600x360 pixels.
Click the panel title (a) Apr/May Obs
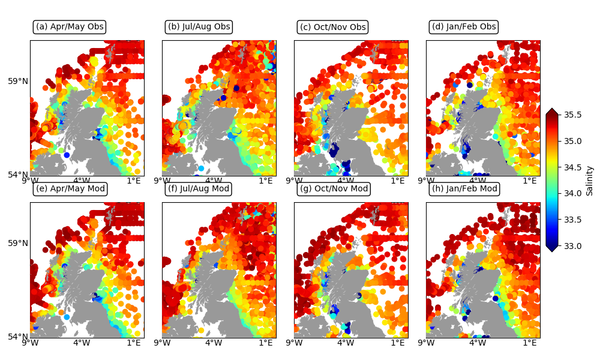point(69,27)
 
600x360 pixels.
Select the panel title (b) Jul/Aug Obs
point(199,27)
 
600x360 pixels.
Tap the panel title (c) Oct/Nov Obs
point(332,28)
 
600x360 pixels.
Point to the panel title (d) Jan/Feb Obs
point(464,27)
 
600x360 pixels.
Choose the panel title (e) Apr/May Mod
point(70,189)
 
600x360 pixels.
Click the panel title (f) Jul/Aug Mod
point(199,189)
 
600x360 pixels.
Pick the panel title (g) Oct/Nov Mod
point(333,190)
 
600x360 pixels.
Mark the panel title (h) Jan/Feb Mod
point(464,189)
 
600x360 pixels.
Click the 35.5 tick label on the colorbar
point(572,115)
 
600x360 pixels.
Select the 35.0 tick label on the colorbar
point(572,141)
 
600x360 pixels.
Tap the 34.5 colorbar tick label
point(572,167)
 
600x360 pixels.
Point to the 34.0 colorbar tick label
point(572,193)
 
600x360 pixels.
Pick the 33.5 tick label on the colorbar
point(572,220)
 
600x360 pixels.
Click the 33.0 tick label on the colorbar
point(572,245)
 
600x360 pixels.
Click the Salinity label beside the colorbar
point(590,180)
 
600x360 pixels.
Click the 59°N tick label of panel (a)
point(18,81)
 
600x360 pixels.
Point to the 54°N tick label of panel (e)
point(18,337)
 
